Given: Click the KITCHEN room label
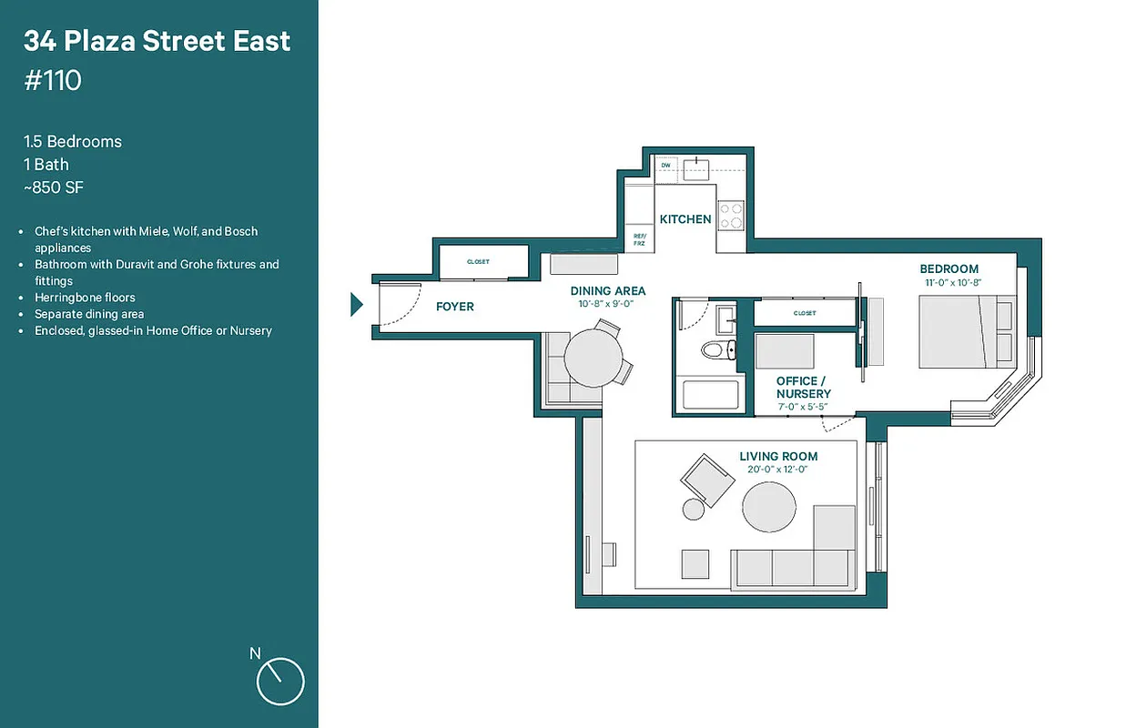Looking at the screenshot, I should (x=685, y=219).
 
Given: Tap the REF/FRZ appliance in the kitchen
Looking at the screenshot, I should (x=640, y=238).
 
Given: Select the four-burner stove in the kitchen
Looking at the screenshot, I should (x=731, y=216).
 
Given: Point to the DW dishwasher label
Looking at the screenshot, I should (x=665, y=166).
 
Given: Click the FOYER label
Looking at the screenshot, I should (x=454, y=307).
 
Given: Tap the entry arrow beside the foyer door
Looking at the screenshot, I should (x=357, y=305).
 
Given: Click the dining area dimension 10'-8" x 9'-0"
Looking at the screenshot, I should (x=606, y=304).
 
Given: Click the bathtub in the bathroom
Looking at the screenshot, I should (x=711, y=396).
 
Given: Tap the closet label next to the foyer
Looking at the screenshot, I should (x=478, y=262).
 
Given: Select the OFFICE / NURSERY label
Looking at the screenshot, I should (x=803, y=388).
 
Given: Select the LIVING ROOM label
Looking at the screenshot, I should (x=778, y=456).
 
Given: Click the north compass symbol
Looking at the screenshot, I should (x=279, y=681).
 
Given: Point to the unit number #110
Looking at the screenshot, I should (x=53, y=81).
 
